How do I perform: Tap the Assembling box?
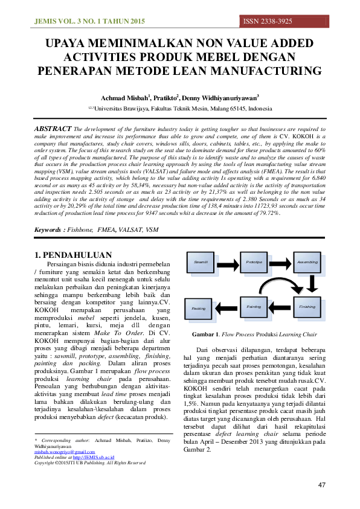tap(307, 261)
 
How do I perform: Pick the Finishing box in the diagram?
tap(307, 306)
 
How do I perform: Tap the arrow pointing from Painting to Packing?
tap(228, 307)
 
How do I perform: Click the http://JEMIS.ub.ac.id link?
tap(93, 457)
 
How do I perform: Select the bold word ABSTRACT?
tap(53, 129)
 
